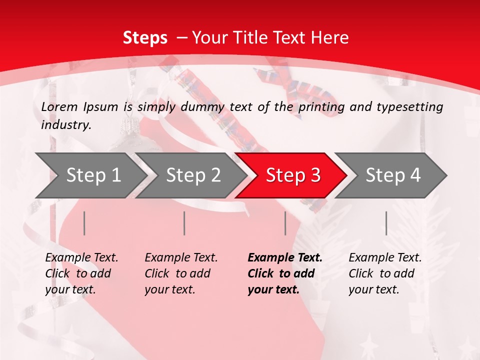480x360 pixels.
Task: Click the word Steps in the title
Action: click(x=145, y=38)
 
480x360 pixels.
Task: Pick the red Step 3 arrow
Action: click(x=293, y=175)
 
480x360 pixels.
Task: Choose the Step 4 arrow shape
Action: click(x=393, y=175)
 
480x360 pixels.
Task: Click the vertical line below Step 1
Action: click(x=84, y=223)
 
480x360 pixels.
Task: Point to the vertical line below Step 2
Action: click(x=184, y=223)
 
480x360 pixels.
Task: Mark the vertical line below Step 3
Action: click(x=285, y=223)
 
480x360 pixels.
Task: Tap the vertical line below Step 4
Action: click(x=386, y=223)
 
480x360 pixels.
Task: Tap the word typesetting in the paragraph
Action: click(x=414, y=107)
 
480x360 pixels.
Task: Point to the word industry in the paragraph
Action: click(x=65, y=125)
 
